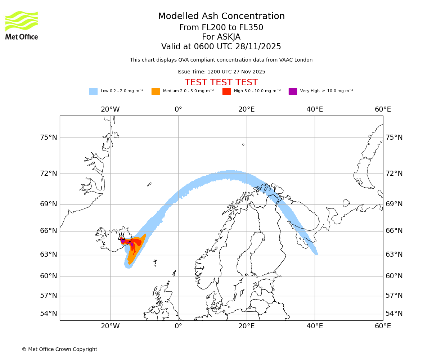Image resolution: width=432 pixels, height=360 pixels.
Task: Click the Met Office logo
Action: (x=22, y=25)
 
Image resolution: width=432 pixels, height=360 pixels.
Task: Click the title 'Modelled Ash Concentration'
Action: (x=221, y=16)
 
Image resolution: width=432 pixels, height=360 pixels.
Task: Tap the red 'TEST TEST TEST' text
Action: (x=221, y=82)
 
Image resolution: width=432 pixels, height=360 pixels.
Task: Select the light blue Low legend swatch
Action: (x=93, y=91)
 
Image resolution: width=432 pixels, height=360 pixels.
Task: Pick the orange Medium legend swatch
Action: (x=156, y=91)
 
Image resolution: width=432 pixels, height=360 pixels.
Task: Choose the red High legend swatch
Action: (x=226, y=91)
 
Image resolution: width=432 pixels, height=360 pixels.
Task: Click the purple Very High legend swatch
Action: (x=293, y=91)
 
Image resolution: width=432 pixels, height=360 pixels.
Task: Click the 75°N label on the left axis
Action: (x=49, y=138)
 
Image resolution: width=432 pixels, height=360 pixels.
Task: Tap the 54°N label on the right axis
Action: (x=394, y=314)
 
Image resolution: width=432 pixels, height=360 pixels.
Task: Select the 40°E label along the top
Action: (x=315, y=109)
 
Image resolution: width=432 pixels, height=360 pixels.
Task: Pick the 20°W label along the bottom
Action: (x=110, y=326)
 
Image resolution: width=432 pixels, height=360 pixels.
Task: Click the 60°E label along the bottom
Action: (x=383, y=326)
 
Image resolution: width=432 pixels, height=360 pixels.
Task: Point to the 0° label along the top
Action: (x=178, y=109)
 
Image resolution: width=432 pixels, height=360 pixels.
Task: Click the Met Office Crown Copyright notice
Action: (x=59, y=349)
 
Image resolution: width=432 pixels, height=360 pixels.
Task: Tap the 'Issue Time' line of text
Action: (x=221, y=72)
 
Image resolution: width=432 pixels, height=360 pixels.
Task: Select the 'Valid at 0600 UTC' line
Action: (x=221, y=46)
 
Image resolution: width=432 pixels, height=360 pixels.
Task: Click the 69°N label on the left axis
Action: (x=49, y=204)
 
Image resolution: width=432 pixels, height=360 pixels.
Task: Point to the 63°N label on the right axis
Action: (x=394, y=255)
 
